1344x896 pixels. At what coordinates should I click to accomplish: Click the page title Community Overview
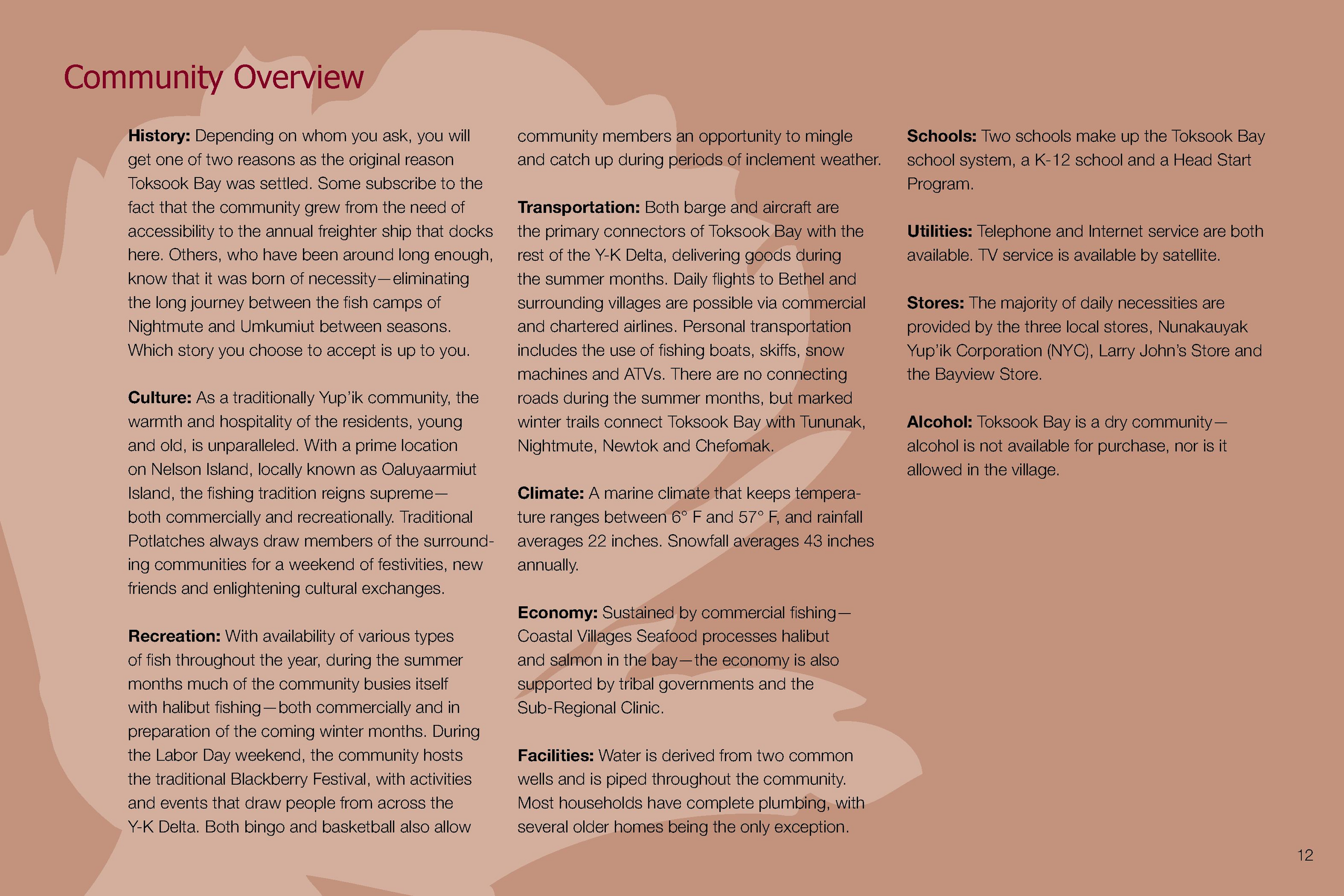point(213,77)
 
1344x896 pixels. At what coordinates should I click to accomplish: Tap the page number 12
point(1305,855)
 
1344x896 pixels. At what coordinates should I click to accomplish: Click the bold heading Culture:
point(160,398)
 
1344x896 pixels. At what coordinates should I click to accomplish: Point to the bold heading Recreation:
point(174,636)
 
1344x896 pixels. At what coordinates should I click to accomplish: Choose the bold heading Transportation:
point(578,207)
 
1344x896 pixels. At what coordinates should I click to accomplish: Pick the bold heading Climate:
point(550,493)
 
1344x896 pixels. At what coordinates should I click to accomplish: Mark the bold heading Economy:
point(557,613)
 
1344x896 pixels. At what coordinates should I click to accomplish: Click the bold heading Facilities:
point(555,755)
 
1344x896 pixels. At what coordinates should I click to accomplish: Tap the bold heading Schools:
point(941,136)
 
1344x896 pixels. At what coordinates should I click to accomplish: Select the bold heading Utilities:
point(939,231)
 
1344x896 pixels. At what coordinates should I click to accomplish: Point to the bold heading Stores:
point(935,303)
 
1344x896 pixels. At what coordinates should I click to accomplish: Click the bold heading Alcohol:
point(939,421)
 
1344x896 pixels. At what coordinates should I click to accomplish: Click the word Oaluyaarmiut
point(428,469)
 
